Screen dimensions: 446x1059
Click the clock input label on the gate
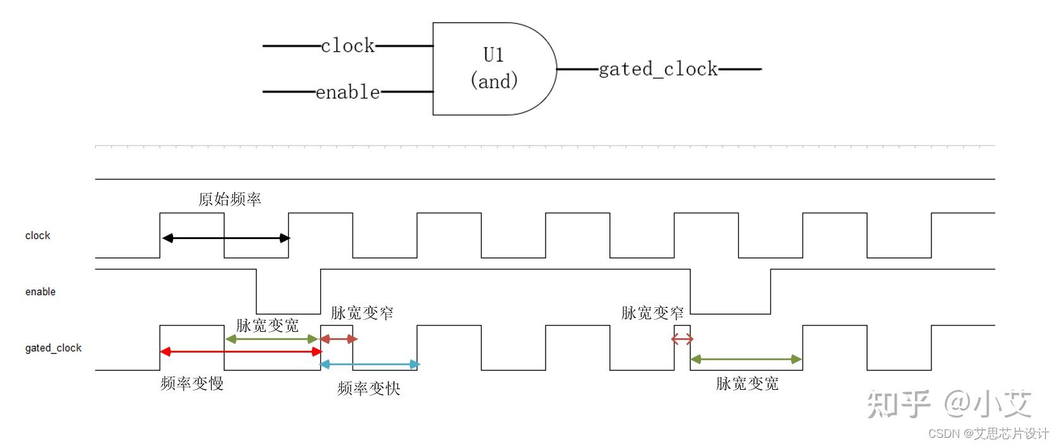tap(347, 45)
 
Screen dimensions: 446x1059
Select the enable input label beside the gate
tap(347, 92)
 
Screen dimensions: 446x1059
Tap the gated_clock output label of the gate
tap(657, 69)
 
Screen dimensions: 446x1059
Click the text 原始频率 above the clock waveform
tap(229, 199)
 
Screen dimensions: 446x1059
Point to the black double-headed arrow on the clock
tap(225, 238)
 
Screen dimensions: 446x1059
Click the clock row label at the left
tap(37, 235)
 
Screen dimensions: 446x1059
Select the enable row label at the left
tap(40, 291)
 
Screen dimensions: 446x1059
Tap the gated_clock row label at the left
tap(53, 348)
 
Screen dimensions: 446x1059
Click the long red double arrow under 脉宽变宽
tap(241, 351)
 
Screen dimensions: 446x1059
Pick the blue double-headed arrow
tap(370, 364)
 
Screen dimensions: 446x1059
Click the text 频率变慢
tap(191, 384)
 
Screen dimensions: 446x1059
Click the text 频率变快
tap(368, 388)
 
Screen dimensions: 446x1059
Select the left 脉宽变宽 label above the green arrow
tap(267, 326)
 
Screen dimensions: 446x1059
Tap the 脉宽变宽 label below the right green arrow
tap(746, 384)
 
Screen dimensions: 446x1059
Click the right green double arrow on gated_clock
tap(746, 359)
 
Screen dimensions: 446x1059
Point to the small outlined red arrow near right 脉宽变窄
tap(682, 339)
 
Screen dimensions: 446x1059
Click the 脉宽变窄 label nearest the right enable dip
tap(652, 313)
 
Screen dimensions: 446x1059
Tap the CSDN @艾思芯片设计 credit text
tap(988, 433)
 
